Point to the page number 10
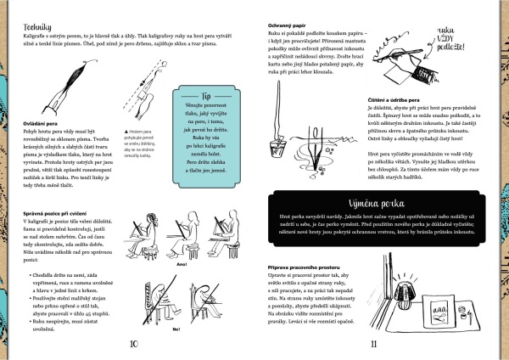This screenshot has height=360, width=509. pos(132,345)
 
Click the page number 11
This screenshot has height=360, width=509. pos(374,345)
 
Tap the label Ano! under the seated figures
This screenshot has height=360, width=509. pos(181,265)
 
